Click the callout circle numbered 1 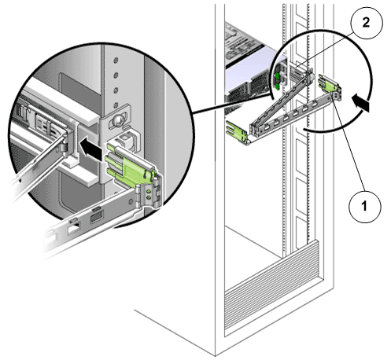364,206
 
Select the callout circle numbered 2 366,23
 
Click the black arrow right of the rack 361,103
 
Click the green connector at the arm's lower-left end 237,133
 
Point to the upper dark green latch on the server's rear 276,76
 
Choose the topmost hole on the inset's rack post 116,61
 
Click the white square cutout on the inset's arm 74,230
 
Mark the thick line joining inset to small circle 232,105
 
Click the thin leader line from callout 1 348,143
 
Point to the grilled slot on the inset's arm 96,216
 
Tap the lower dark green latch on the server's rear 277,86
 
